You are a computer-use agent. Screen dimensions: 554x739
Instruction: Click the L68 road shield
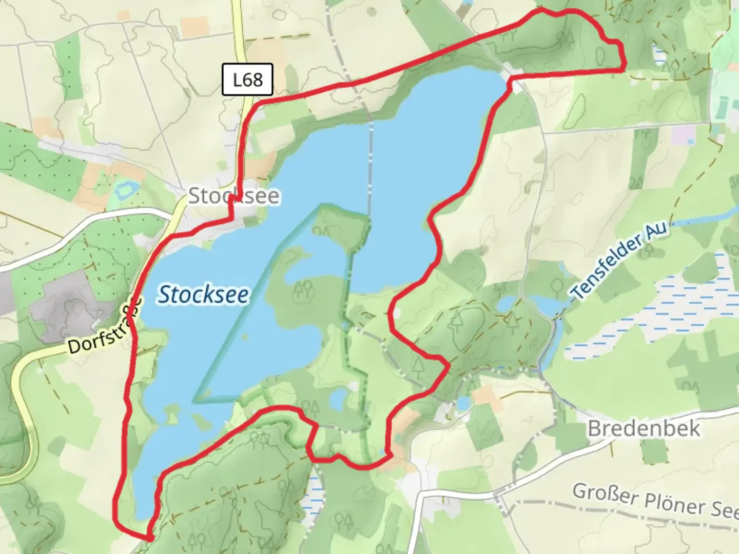click(x=247, y=80)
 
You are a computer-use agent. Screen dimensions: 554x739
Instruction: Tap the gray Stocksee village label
click(x=234, y=196)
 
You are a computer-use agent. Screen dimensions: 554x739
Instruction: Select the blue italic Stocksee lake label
click(x=203, y=294)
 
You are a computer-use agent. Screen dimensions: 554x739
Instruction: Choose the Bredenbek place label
click(x=644, y=428)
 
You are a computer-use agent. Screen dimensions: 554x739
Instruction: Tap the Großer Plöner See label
click(x=655, y=499)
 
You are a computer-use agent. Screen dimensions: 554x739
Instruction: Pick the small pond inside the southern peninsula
click(x=339, y=398)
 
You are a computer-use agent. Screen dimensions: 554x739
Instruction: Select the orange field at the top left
click(x=195, y=27)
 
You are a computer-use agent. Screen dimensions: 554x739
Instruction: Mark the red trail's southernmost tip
click(x=149, y=538)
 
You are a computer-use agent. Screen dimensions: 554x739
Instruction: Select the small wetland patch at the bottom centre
click(x=313, y=498)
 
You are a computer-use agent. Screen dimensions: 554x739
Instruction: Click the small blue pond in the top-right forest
click(x=657, y=55)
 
